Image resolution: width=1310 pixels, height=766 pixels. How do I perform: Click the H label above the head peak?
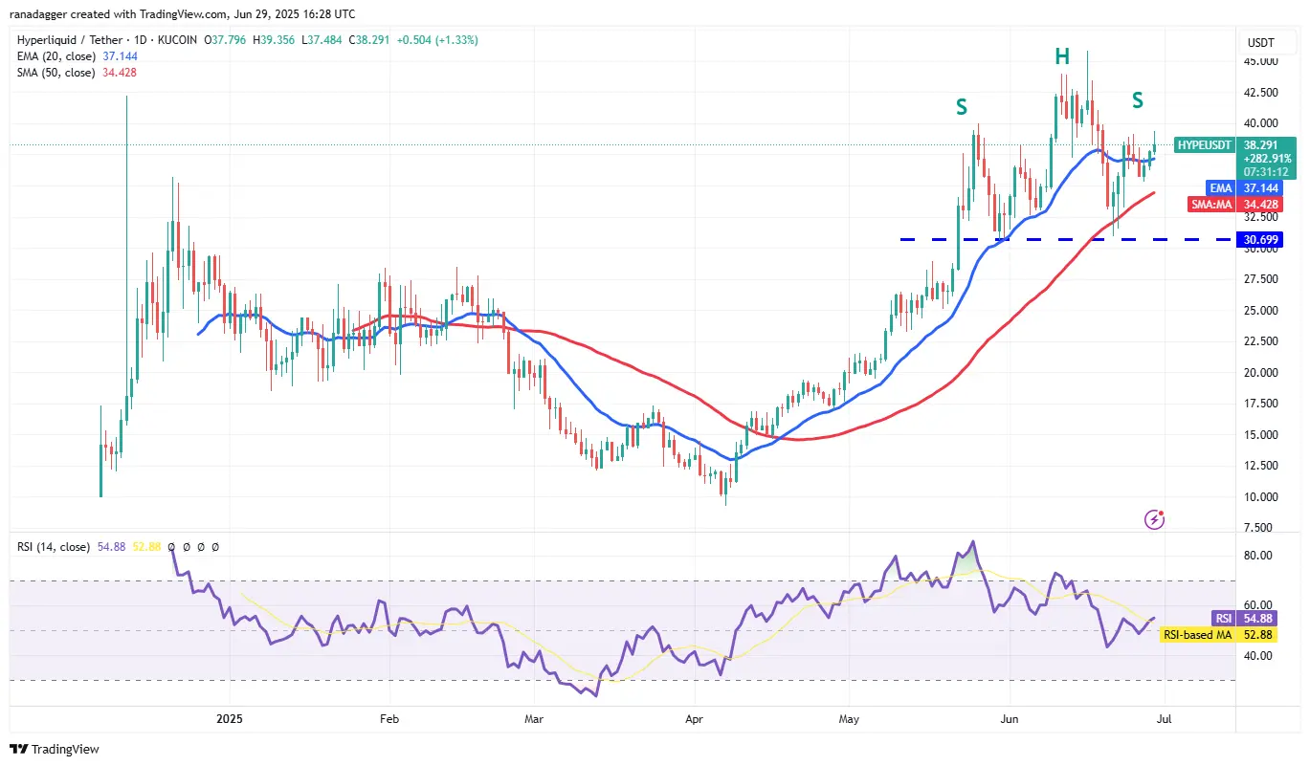pyautogui.click(x=1062, y=55)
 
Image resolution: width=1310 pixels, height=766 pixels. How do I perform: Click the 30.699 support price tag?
pyautogui.click(x=1260, y=239)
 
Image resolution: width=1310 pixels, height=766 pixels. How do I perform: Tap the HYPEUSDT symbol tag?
pyautogui.click(x=1203, y=144)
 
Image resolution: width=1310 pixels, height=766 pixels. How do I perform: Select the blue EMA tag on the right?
pyautogui.click(x=1218, y=188)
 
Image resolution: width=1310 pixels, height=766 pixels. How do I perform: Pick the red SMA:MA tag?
pyautogui.click(x=1211, y=205)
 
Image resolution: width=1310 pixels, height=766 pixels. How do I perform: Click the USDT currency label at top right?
pyautogui.click(x=1260, y=43)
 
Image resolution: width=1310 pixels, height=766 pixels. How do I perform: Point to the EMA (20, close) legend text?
pyautogui.click(x=55, y=56)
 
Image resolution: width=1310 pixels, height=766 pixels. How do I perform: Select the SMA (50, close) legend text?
pyautogui.click(x=55, y=73)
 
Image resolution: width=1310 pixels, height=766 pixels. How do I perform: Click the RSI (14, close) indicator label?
pyautogui.click(x=54, y=547)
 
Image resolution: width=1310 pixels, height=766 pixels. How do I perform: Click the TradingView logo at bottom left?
pyautogui.click(x=56, y=749)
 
